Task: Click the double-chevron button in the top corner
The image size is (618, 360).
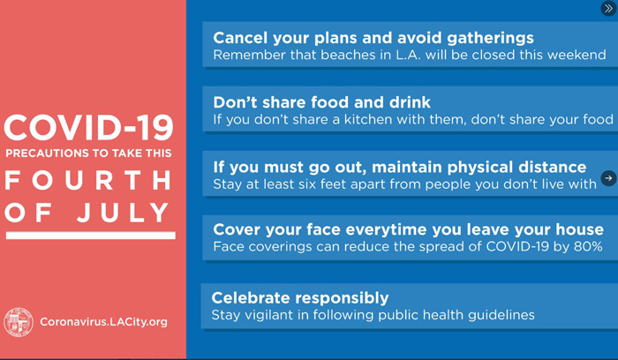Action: [x=608, y=8]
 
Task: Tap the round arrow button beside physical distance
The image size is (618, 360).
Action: [x=608, y=178]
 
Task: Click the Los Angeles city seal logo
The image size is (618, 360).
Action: [x=19, y=322]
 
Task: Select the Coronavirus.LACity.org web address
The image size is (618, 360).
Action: [x=103, y=322]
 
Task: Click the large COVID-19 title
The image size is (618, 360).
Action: [x=88, y=128]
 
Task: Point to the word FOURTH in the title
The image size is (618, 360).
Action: [x=88, y=180]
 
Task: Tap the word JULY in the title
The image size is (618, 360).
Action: [x=123, y=213]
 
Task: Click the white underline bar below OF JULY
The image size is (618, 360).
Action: [x=91, y=236]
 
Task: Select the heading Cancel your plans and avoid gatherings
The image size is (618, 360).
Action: [x=373, y=38]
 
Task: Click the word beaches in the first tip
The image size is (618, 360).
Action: [x=348, y=55]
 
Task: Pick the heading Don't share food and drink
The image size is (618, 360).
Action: [x=321, y=102]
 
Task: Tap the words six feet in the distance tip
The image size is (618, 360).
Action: [x=316, y=184]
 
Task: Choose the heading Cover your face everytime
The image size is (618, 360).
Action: [x=408, y=229]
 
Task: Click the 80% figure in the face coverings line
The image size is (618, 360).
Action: [x=588, y=246]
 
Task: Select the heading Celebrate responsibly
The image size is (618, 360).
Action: [x=300, y=298]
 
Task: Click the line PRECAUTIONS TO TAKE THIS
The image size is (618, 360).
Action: [x=88, y=154]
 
